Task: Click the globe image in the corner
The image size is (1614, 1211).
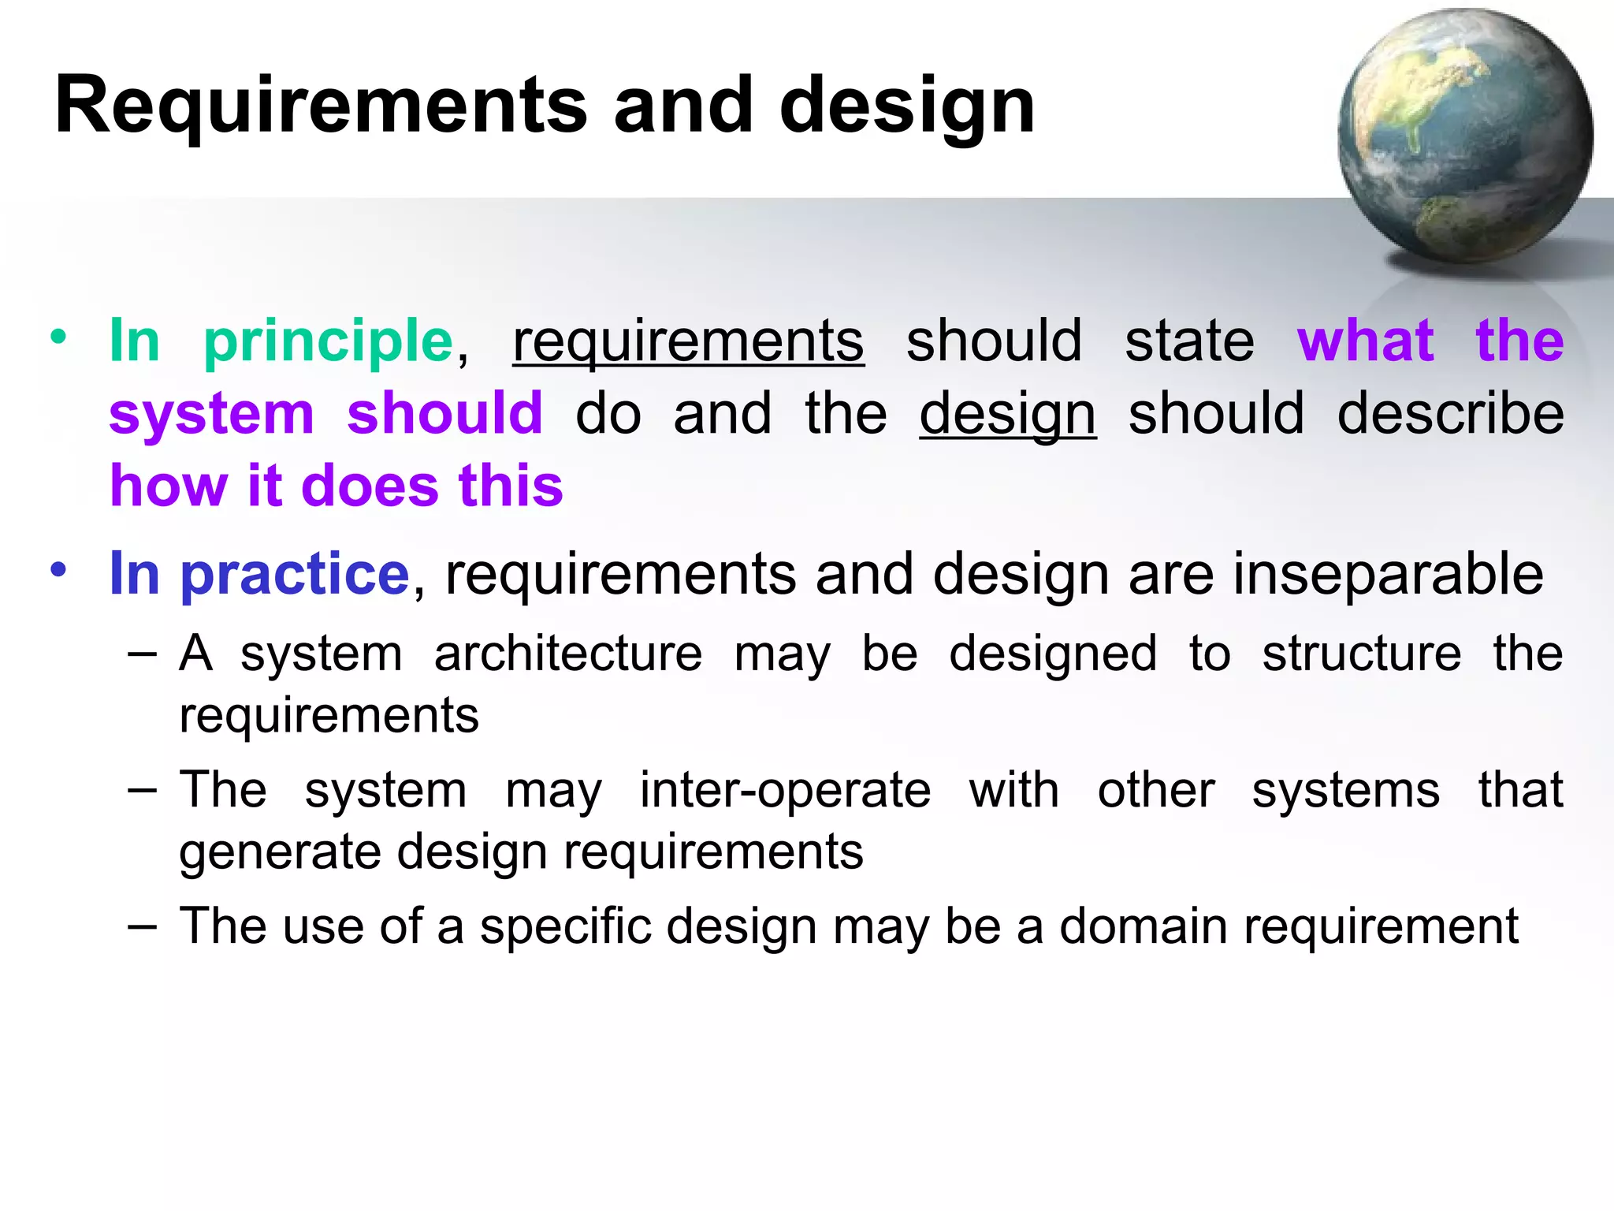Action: coord(1464,136)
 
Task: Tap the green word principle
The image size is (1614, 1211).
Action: coord(328,341)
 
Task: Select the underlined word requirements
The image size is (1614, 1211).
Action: coord(688,341)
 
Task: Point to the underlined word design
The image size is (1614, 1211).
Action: coord(1007,414)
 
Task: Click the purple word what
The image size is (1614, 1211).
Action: coord(1365,341)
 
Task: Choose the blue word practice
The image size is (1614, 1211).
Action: coord(295,573)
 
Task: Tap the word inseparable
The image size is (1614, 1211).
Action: coord(1387,573)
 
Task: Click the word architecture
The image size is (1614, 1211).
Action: coord(567,654)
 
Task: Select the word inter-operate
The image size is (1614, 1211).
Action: coord(785,790)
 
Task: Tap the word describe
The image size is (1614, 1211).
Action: coord(1450,414)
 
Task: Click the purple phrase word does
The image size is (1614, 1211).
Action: coord(370,486)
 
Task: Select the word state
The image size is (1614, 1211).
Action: coord(1188,341)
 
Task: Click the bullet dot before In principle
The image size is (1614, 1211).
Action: coord(58,337)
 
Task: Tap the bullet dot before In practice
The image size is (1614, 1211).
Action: coord(58,568)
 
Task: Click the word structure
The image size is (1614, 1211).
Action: coord(1361,654)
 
